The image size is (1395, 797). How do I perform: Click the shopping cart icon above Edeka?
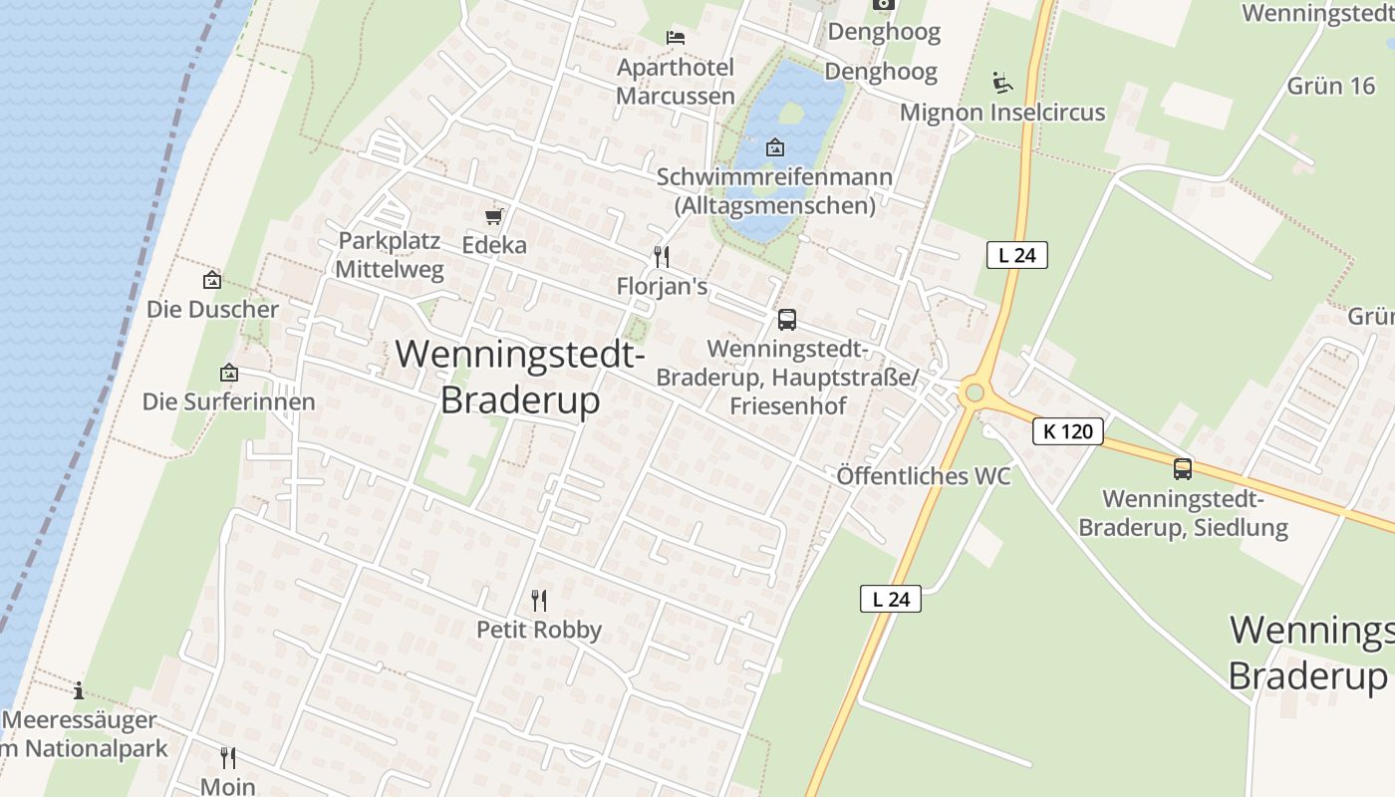pos(493,216)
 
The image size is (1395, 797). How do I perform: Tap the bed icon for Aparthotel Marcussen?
pos(676,38)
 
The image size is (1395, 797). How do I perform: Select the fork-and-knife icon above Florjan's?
pos(661,257)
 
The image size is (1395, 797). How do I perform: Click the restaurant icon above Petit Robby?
pos(539,600)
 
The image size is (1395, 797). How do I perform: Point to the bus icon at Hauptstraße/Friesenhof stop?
pos(787,320)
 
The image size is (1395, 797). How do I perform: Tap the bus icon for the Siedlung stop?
pos(1183,468)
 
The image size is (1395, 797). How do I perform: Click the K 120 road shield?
pos(1068,431)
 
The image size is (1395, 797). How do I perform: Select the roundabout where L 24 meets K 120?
pos(975,394)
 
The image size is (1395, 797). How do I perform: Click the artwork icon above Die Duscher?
pos(211,281)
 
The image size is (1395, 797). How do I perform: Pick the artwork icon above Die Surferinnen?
pos(229,374)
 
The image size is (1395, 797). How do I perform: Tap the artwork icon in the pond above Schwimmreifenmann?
pos(774,148)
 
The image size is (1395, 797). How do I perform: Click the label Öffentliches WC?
pos(924,476)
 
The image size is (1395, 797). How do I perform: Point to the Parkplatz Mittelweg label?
pos(390,255)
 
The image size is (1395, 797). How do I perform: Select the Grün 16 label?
pos(1331,86)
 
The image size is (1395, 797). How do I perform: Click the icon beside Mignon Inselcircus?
pos(1002,82)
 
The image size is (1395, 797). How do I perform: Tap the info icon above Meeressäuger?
pos(79,690)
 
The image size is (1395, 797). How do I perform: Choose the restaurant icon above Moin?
pos(228,758)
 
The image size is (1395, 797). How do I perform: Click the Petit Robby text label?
pos(539,630)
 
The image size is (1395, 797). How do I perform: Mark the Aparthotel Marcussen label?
pos(676,82)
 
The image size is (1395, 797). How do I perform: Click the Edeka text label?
pos(494,245)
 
